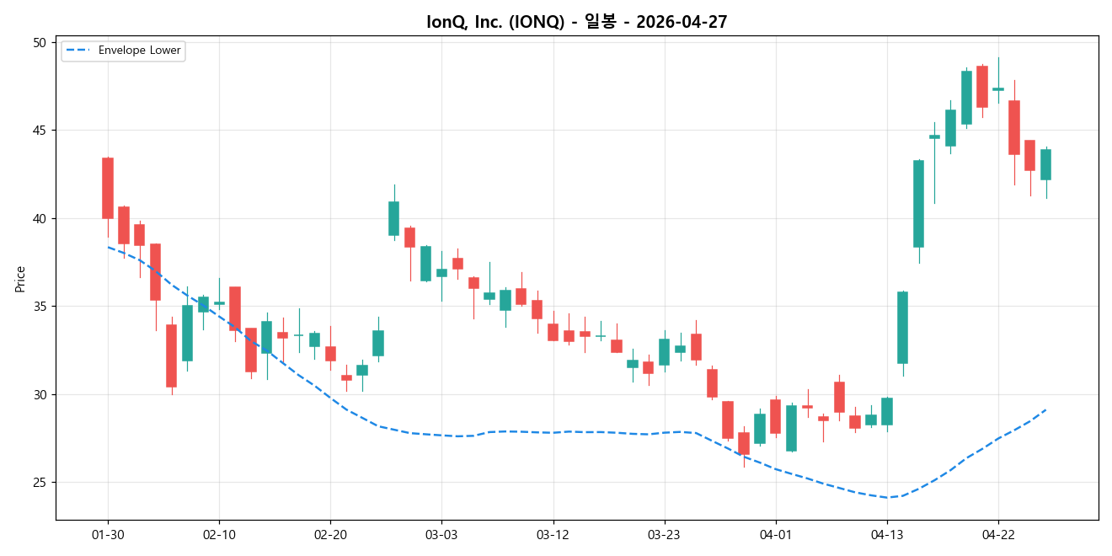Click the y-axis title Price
(20, 278)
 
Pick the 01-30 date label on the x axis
(108, 534)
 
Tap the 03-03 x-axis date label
(441, 534)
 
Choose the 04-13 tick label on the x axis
(887, 534)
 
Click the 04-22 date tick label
(998, 534)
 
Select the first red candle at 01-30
(108, 188)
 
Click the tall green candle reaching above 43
(918, 203)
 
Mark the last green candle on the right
(1045, 164)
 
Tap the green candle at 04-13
(887, 411)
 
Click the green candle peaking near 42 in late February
(393, 218)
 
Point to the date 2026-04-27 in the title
(682, 23)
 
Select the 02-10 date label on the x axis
(219, 534)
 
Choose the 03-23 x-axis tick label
(664, 534)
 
